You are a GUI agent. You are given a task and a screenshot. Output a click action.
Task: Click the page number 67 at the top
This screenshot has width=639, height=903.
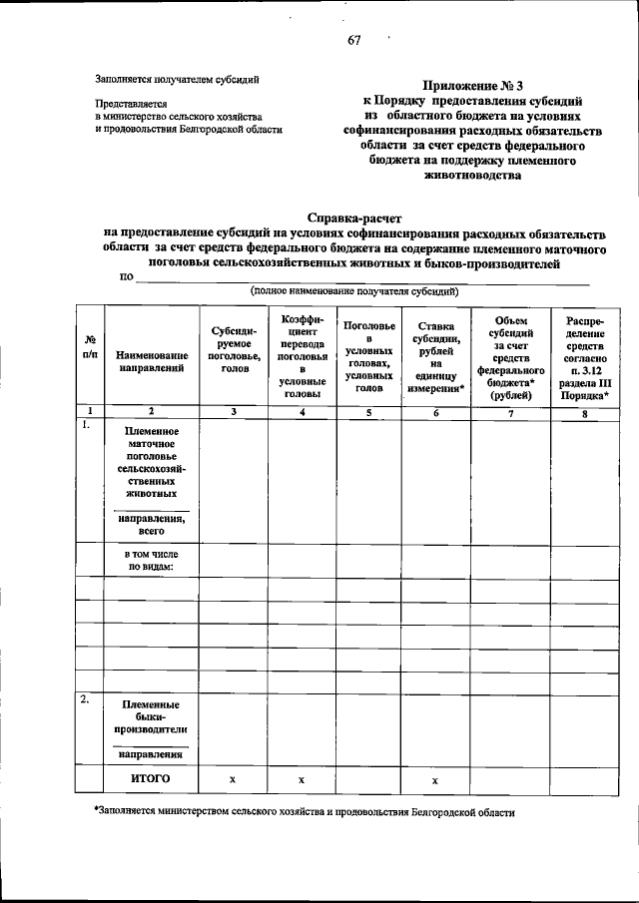point(353,40)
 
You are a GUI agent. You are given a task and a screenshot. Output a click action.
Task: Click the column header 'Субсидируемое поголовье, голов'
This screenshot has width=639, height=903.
point(234,349)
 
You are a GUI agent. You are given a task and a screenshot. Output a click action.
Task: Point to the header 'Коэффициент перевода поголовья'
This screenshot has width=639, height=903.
point(301,355)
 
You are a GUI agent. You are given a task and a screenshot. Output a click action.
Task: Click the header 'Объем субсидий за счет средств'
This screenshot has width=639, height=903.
point(510,354)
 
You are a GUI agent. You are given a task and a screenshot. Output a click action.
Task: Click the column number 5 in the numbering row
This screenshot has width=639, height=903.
point(368,410)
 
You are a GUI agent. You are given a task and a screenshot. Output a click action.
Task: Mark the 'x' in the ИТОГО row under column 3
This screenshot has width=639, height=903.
point(234,778)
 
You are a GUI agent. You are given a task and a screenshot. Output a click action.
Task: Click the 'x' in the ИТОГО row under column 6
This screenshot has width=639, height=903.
point(436,778)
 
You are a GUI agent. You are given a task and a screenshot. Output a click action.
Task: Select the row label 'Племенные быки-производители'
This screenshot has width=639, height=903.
point(152,716)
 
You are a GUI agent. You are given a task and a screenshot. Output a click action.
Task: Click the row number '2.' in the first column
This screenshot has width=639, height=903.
point(87,700)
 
